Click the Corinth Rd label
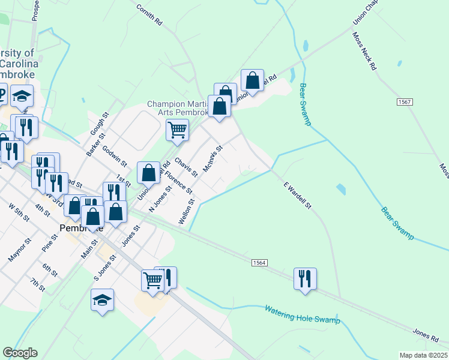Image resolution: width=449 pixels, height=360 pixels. point(149,15)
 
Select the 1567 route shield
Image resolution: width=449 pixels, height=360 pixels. point(404,103)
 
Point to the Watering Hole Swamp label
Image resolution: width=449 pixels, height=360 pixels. point(303,314)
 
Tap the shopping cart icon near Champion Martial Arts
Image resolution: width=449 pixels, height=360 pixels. point(177,129)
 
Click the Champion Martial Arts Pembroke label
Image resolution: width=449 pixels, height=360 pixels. point(178,108)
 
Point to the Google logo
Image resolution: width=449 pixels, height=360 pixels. point(20,353)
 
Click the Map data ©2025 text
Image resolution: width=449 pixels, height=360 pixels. point(423,355)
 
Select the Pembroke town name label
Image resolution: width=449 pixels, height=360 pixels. point(81,229)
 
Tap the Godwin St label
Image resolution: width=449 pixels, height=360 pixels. point(115,155)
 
